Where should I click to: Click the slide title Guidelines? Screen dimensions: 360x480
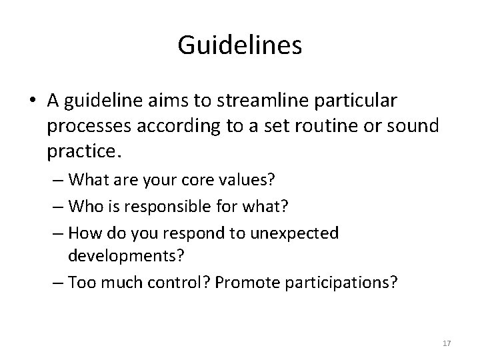pyautogui.click(x=240, y=45)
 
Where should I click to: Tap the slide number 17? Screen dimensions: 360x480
pyautogui.click(x=447, y=343)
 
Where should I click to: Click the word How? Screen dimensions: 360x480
pyautogui.click(x=81, y=233)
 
